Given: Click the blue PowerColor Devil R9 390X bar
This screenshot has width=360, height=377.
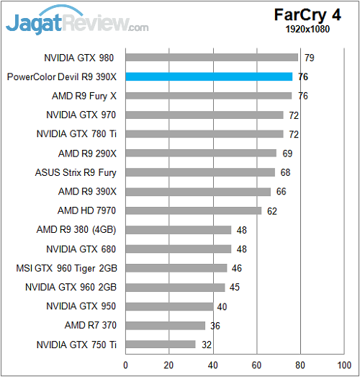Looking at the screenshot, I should (x=209, y=76).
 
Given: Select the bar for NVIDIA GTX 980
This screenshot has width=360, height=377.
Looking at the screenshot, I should (x=212, y=58).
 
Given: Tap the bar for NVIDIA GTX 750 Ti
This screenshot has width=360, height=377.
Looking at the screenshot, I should (x=161, y=345).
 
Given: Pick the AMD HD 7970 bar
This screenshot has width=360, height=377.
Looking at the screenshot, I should (x=194, y=210).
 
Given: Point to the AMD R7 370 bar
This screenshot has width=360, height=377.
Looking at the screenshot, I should (x=165, y=325).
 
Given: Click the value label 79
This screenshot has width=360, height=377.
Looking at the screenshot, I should (x=310, y=58).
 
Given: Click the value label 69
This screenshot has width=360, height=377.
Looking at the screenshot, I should (x=288, y=153).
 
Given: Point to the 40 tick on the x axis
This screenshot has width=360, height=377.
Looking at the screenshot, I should (x=213, y=364).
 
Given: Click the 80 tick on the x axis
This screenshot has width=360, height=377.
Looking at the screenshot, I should (x=300, y=364).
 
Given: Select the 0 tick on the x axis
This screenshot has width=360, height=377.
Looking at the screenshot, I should (x=126, y=364).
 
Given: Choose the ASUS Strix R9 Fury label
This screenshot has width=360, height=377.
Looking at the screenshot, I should (x=76, y=172).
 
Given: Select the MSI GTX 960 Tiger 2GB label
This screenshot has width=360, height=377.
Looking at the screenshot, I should (x=66, y=267).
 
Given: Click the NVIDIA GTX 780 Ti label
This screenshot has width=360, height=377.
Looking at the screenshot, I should (x=76, y=134).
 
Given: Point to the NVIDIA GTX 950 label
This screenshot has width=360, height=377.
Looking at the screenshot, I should (x=81, y=306).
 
